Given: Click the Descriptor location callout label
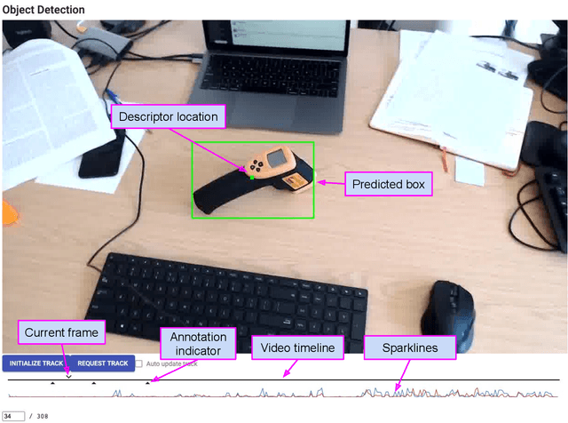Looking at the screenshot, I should tap(168, 116).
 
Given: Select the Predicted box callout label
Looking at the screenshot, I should tap(389, 184).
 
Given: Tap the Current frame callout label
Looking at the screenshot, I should tap(62, 332).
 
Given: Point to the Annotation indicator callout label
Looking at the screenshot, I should tap(198, 344).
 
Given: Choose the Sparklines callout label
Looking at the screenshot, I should tap(410, 347).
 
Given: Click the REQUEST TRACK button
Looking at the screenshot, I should tap(103, 363).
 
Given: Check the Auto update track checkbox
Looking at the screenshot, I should tap(138, 363).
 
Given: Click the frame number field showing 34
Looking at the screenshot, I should tap(13, 415).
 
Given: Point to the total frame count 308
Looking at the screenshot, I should tap(43, 415).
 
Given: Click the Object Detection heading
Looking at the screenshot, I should tap(43, 10).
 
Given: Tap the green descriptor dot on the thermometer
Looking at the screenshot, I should tap(252, 177).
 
